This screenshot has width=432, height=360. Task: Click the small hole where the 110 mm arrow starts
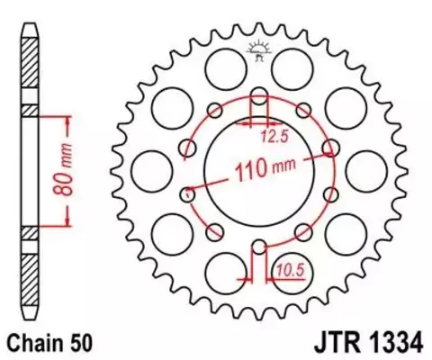(188, 191)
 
